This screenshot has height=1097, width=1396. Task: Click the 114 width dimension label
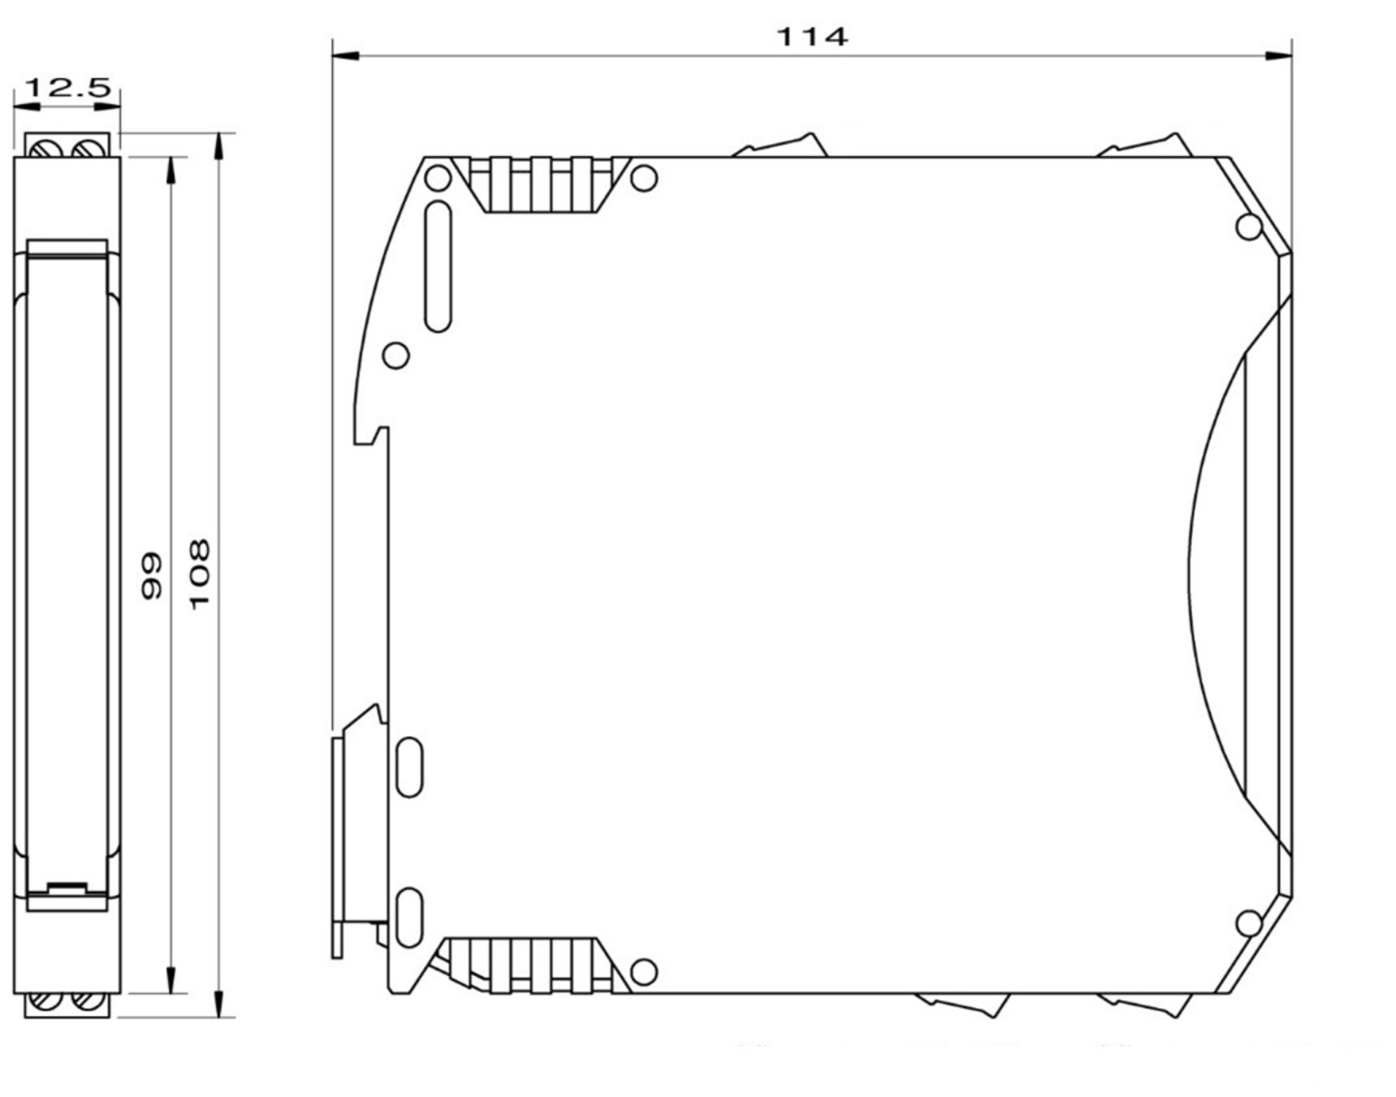coord(812,37)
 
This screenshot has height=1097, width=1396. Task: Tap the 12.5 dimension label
coord(68,88)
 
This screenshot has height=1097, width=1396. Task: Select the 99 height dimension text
coord(152,577)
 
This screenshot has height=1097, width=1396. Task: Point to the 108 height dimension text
coord(200,574)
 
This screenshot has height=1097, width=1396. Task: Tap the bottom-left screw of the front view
coord(44,1001)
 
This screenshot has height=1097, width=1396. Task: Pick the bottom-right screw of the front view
coord(89,1001)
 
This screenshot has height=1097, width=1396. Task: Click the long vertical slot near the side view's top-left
coord(438,267)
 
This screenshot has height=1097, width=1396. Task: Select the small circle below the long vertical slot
coord(396,355)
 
